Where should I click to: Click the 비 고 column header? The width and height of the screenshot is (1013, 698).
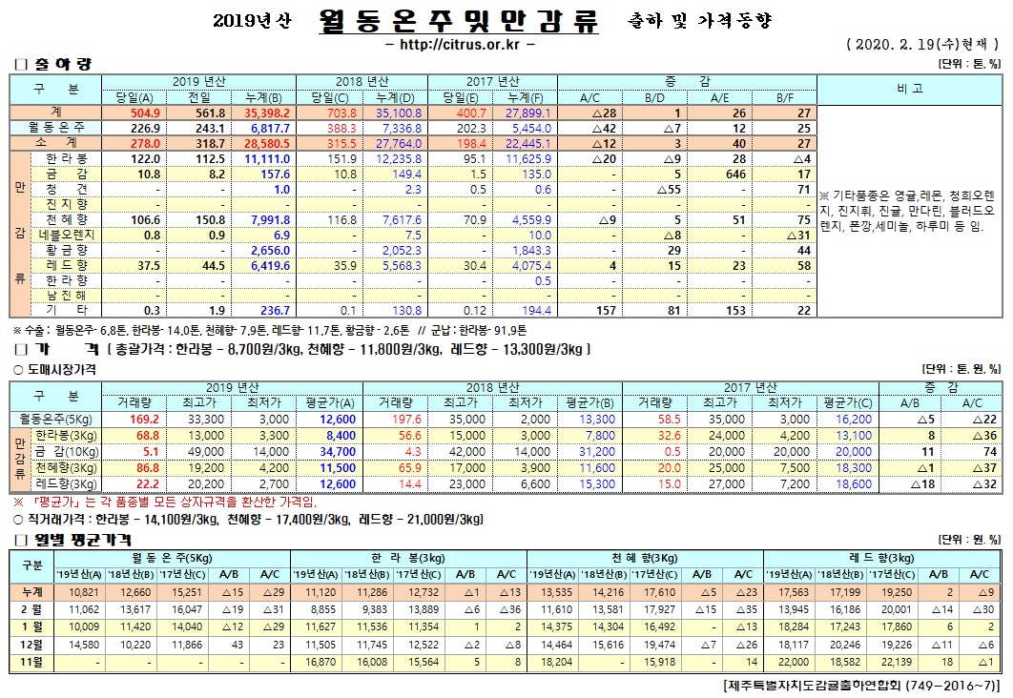908,89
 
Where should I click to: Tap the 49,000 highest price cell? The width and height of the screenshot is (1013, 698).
179,451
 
